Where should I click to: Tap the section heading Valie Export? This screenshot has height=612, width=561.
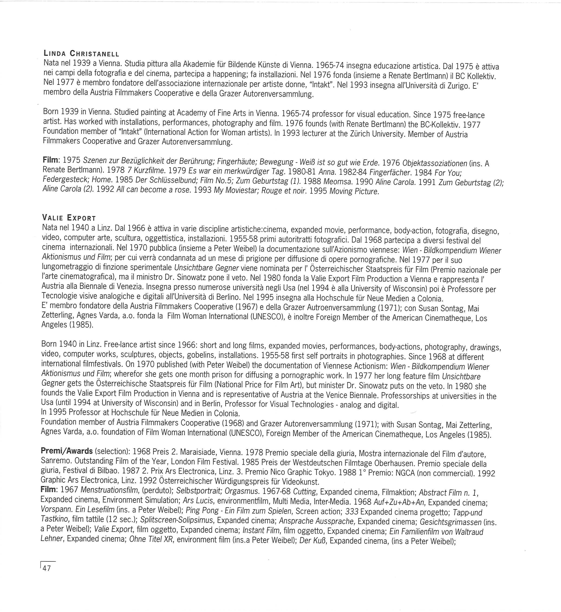point(69,218)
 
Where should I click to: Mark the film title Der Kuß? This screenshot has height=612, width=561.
point(313,541)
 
